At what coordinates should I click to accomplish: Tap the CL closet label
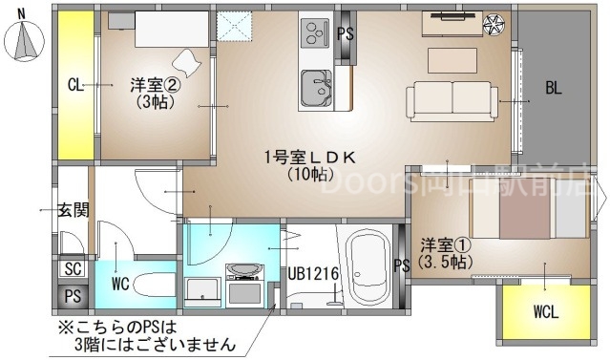pos(75,85)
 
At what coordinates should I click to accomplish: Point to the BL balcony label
pos(554,89)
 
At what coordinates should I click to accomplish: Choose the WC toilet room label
pos(119,283)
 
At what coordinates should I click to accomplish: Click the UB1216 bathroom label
pos(313,274)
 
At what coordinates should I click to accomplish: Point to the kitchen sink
pos(315,89)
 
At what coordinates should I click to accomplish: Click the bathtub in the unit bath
pos(367,267)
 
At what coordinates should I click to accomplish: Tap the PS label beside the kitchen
pos(345,33)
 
